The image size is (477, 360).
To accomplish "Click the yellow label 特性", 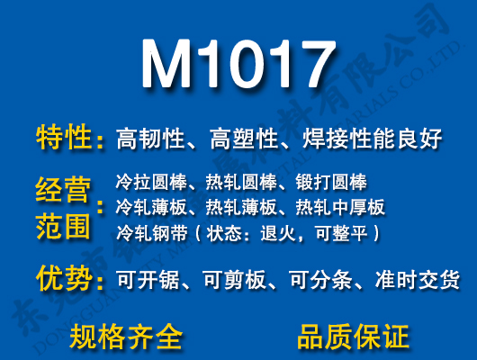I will pyautogui.click(x=65, y=138).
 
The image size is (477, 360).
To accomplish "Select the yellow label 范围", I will pyautogui.click(x=65, y=225).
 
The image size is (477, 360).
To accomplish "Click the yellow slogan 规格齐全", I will pyautogui.click(x=126, y=337).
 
